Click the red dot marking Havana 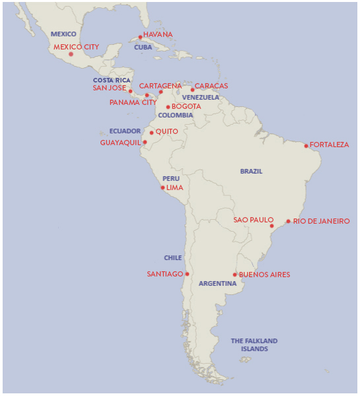coord(140,37)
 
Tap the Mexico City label coord(76,47)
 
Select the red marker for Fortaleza coord(306,145)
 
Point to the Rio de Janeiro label coord(321,221)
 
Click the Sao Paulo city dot coord(271,226)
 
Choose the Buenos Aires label coord(264,275)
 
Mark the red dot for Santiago coord(188,274)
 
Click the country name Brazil coord(251,172)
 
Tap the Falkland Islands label coord(254,345)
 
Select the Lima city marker coord(162,187)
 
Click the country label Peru coord(171,178)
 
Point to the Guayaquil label coord(120,142)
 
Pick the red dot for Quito coord(151,133)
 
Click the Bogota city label coord(186,106)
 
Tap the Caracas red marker coord(192,89)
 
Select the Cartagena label coord(160,86)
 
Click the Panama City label coord(133,102)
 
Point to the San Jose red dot coord(130,91)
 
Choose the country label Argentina coord(217,284)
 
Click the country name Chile coord(172,258)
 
